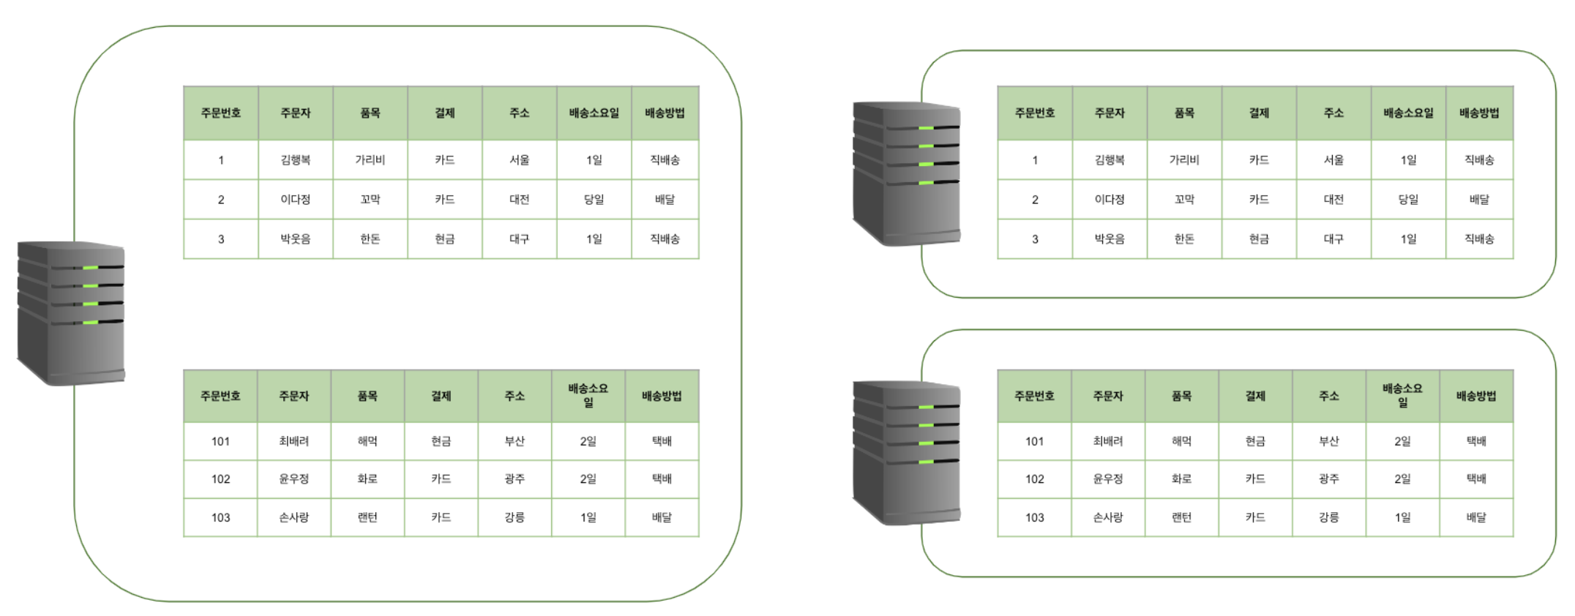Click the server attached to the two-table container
pyautogui.click(x=71, y=312)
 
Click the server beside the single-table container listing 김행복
pyautogui.click(x=906, y=173)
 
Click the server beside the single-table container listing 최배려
pyautogui.click(x=906, y=452)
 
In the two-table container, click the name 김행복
pyautogui.click(x=295, y=159)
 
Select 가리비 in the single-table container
pyautogui.click(x=1183, y=159)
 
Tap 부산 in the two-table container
pyautogui.click(x=515, y=441)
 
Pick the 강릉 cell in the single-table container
pyautogui.click(x=1328, y=517)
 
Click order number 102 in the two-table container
pyautogui.click(x=220, y=479)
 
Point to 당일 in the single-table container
pyautogui.click(x=1408, y=199)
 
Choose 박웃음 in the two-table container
pyautogui.click(x=295, y=238)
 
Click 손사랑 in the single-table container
pyautogui.click(x=1107, y=517)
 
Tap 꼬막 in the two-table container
pyautogui.click(x=370, y=199)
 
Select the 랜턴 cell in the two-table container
pyautogui.click(x=367, y=517)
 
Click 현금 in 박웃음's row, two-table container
pyautogui.click(x=444, y=238)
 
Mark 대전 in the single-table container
pyautogui.click(x=1333, y=199)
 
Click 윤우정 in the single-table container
pyautogui.click(x=1107, y=479)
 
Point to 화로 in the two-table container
pyautogui.click(x=367, y=479)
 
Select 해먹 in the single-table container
pyautogui.click(x=1181, y=441)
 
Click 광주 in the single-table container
pyautogui.click(x=1328, y=479)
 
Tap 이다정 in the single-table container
pyautogui.click(x=1109, y=199)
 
